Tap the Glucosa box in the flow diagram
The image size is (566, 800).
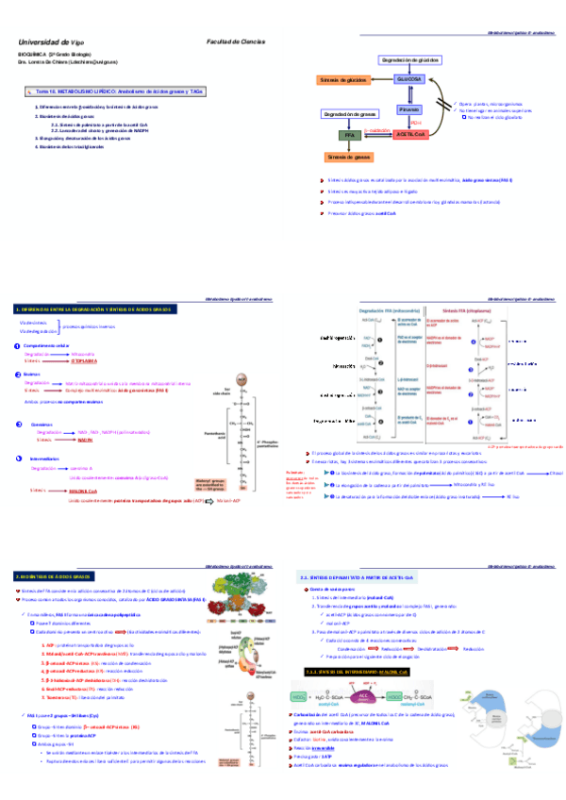(409, 80)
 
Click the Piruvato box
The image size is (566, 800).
(422, 110)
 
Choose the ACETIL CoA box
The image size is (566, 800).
(410, 135)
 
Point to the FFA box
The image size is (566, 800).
(350, 136)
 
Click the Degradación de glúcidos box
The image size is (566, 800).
(412, 59)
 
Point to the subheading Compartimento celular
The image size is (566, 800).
(46, 346)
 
